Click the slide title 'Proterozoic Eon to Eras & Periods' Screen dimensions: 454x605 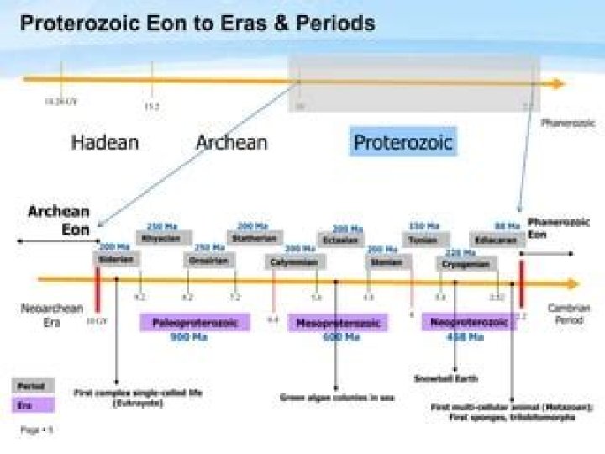[x=197, y=23]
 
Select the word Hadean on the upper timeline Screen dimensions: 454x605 [x=104, y=142]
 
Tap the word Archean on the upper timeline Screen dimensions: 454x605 [x=231, y=142]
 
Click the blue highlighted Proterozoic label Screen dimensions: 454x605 [x=402, y=142]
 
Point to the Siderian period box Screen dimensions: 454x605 [x=115, y=260]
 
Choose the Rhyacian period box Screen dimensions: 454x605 [x=160, y=239]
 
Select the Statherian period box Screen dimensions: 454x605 [x=253, y=238]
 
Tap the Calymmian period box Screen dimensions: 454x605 [x=293, y=262]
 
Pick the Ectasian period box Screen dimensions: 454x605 [x=340, y=240]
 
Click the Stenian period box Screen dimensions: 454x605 [x=384, y=261]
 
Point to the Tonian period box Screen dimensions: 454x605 [x=423, y=240]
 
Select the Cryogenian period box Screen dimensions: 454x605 [x=465, y=264]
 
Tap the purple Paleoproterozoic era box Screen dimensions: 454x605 [x=194, y=323]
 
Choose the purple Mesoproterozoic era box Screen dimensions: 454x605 [x=338, y=323]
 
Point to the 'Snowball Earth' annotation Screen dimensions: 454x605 [x=445, y=378]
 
